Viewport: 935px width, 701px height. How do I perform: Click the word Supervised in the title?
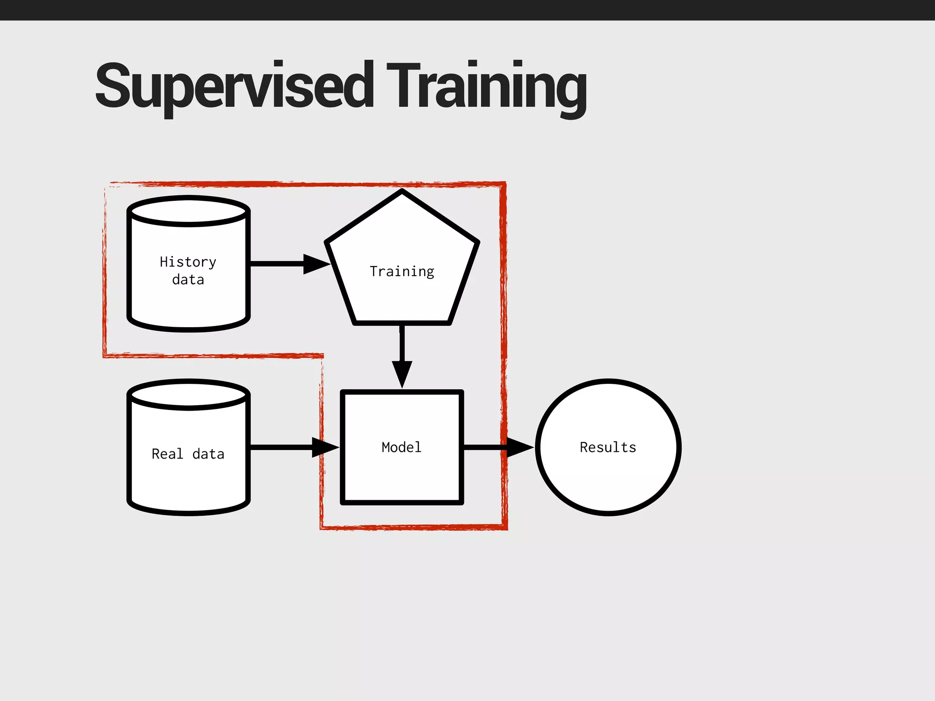(x=234, y=85)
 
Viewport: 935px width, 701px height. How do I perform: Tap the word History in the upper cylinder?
(x=188, y=262)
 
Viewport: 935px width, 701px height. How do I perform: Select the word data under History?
(x=188, y=279)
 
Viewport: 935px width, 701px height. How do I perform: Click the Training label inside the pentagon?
(x=402, y=272)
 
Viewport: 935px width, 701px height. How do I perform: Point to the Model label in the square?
(x=401, y=447)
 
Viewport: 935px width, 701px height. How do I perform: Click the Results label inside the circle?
(x=608, y=447)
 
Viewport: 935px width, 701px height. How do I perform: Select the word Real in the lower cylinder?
(x=168, y=454)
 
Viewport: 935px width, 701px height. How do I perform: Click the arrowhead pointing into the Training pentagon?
(x=316, y=264)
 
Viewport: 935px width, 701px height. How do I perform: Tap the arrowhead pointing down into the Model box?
(x=402, y=373)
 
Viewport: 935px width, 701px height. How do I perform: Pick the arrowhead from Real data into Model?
(x=324, y=447)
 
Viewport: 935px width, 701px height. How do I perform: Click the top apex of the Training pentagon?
(x=402, y=192)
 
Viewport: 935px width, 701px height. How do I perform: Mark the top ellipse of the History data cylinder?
(x=189, y=211)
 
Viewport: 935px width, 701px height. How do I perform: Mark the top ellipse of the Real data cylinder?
(x=189, y=395)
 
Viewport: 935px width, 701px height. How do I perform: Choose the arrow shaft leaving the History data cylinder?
(x=277, y=264)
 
